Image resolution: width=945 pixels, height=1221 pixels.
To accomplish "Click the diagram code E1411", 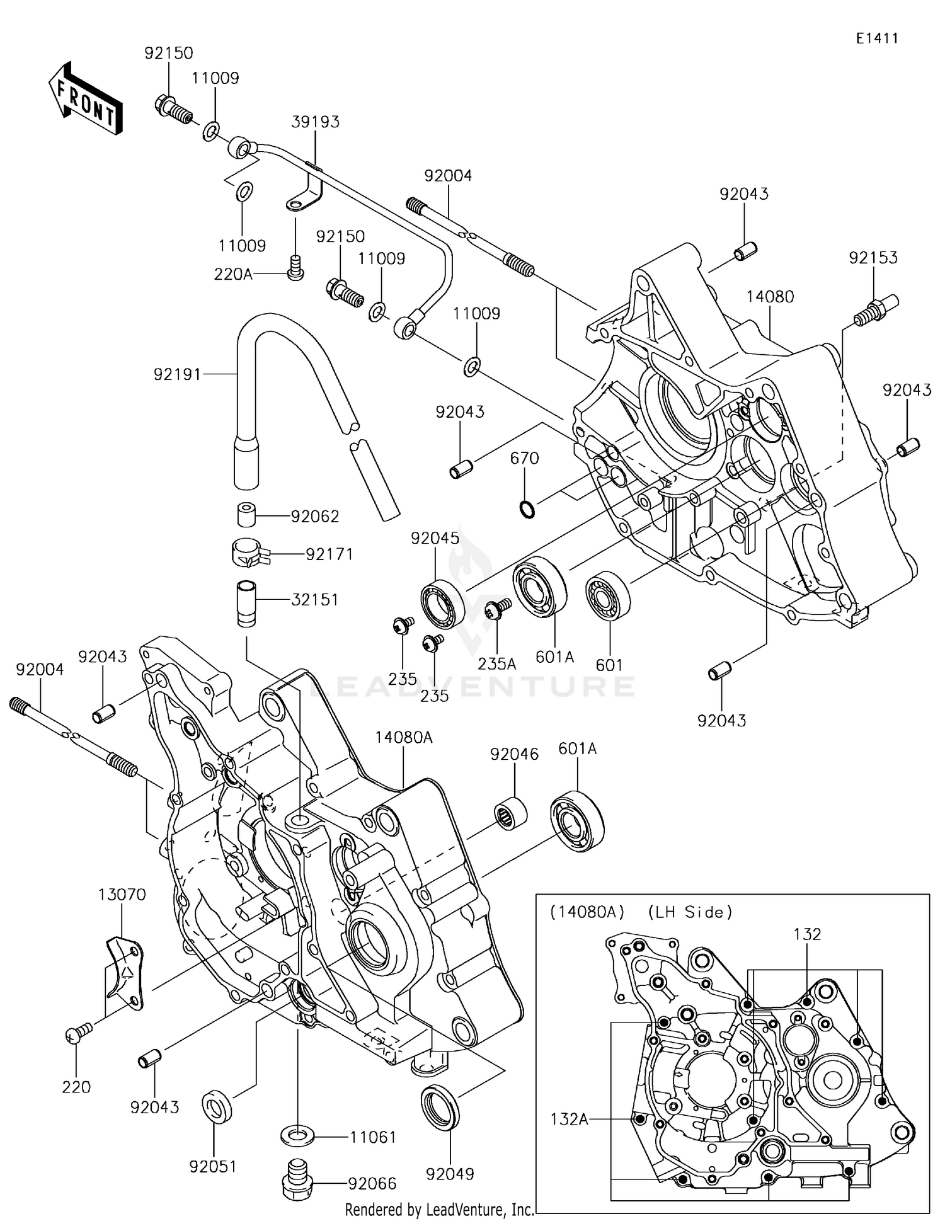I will pos(876,38).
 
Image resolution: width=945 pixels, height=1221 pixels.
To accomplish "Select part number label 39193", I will pos(315,122).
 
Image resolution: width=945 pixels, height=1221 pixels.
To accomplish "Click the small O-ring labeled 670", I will pos(527,508).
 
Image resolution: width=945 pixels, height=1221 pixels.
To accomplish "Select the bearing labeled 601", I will pos(607,595).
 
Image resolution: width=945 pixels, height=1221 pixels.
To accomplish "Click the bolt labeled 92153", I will pos(875,311).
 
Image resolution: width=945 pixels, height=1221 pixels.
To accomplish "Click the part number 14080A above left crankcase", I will pos(404,737).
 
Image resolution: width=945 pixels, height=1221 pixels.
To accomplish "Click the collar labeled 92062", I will pos(247,514).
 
